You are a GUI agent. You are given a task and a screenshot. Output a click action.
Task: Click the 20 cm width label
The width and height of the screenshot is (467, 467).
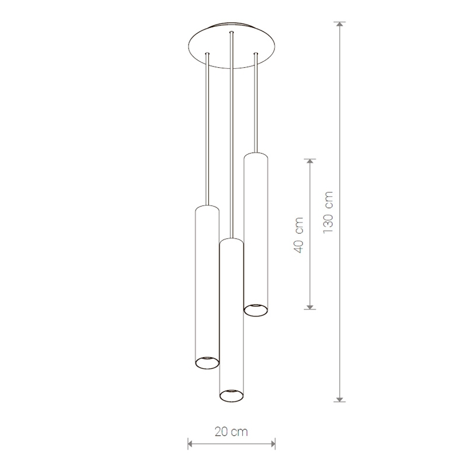point(231,431)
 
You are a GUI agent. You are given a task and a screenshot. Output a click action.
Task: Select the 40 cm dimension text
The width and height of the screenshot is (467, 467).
point(298,235)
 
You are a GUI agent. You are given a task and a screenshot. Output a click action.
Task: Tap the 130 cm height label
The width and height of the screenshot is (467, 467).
point(328,212)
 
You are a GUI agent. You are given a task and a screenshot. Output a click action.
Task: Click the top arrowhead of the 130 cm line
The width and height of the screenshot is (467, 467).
point(340,24)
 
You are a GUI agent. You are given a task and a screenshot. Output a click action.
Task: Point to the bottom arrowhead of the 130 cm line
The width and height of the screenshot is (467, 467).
point(340,399)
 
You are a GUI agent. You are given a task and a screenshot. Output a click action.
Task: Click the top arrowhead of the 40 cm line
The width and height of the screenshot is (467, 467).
point(310,162)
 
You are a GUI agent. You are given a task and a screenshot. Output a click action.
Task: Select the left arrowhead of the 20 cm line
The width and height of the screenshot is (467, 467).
point(191,444)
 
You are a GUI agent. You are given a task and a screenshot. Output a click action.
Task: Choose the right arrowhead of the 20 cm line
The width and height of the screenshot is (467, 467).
point(272,444)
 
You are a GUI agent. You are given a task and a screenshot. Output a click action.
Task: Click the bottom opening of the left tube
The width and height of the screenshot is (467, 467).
point(207,363)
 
